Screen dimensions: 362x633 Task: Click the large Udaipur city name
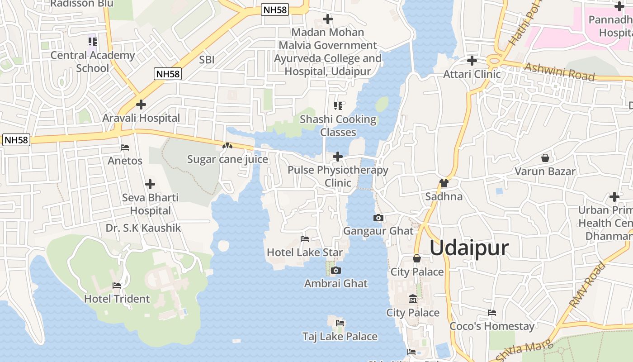click(469, 248)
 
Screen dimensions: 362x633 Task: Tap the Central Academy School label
click(93, 62)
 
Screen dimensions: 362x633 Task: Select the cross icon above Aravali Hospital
click(141, 105)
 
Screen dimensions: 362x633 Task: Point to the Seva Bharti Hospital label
click(150, 204)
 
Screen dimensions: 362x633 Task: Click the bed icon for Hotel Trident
click(117, 286)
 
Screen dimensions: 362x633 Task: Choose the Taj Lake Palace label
click(340, 336)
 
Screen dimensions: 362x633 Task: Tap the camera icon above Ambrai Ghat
click(335, 271)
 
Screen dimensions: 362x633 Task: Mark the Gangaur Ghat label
click(378, 231)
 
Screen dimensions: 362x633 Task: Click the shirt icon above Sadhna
click(444, 183)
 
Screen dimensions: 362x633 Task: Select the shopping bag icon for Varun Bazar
click(545, 158)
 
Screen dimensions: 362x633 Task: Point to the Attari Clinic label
click(472, 74)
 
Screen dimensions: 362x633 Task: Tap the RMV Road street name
click(588, 285)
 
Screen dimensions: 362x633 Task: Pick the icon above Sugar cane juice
click(227, 146)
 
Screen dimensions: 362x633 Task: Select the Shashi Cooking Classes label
click(338, 126)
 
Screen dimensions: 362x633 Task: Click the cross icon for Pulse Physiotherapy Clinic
click(338, 157)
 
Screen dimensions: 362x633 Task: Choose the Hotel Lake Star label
click(305, 252)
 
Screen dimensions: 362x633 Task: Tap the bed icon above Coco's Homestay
click(492, 313)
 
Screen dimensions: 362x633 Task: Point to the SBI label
click(207, 59)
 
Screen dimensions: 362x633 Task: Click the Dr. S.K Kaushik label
click(143, 228)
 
